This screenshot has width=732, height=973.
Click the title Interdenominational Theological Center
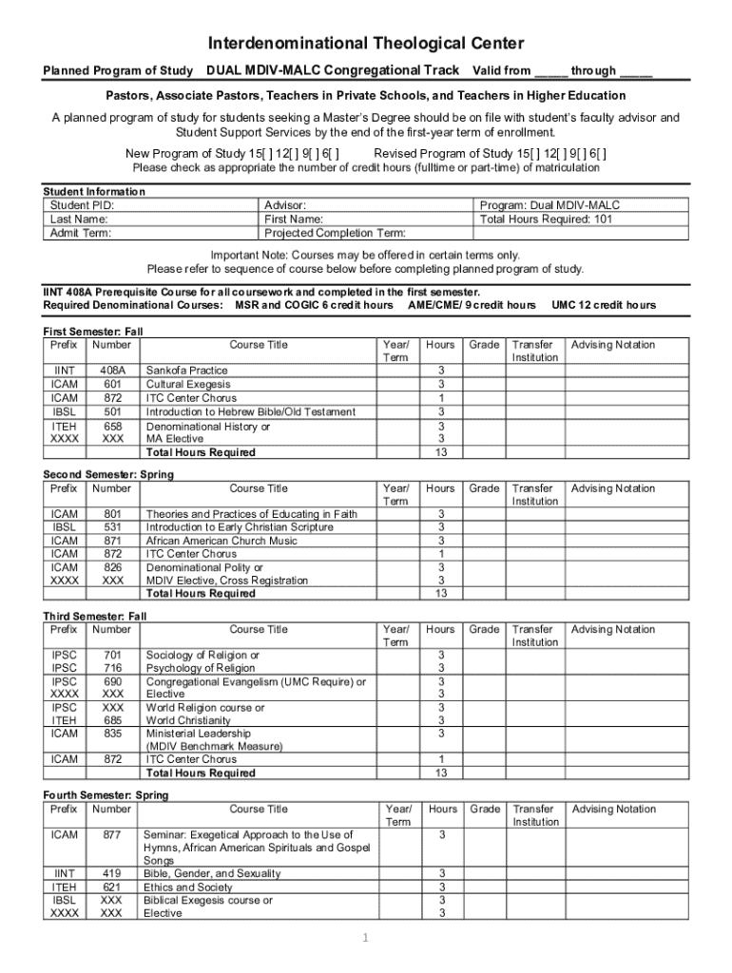tap(366, 45)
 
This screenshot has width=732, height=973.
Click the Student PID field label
tap(82, 205)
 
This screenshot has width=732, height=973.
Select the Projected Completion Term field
tap(335, 233)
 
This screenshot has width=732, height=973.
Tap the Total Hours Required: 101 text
tap(547, 219)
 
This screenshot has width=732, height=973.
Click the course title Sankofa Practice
tap(186, 370)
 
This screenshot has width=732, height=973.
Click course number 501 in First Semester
tap(112, 411)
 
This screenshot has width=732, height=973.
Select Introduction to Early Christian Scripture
tap(239, 526)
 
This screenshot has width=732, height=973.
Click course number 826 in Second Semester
tap(112, 567)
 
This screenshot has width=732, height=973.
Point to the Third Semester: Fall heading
tap(95, 616)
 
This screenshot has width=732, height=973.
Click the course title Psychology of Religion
tap(200, 668)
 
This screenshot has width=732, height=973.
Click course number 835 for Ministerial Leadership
tap(112, 734)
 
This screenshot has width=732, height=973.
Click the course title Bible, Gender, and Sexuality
tap(212, 873)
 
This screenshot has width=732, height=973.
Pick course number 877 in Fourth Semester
tap(112, 834)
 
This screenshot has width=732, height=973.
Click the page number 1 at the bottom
tap(365, 939)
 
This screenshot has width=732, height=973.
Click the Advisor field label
tap(284, 205)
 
